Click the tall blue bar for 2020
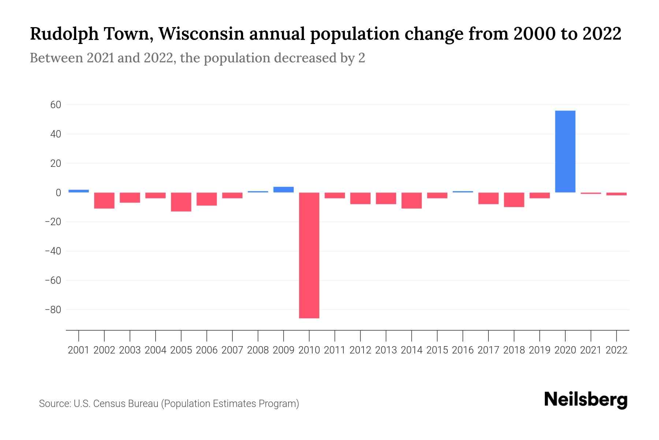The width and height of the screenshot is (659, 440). [565, 151]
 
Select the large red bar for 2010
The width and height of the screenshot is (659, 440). [309, 255]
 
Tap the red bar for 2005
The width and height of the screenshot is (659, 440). [181, 202]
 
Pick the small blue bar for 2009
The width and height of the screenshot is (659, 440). [284, 190]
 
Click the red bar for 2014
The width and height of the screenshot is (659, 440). [412, 201]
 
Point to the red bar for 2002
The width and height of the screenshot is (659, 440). [104, 201]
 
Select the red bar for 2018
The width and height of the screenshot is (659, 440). [514, 200]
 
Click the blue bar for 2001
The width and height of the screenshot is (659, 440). [79, 191]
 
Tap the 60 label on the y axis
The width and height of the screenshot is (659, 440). [55, 105]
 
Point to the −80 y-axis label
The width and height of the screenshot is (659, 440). [53, 310]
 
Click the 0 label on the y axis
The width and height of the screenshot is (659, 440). [58, 192]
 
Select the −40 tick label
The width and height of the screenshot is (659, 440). [53, 251]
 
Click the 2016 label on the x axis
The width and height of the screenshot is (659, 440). [463, 350]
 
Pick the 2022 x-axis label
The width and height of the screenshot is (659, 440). [617, 350]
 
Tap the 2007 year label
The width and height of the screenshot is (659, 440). [232, 350]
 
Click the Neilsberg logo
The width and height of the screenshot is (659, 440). [586, 400]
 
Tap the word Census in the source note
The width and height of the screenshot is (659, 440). [108, 404]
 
